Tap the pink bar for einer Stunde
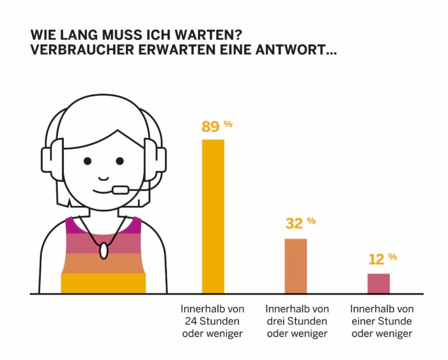(x=378, y=283)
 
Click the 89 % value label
(x=216, y=127)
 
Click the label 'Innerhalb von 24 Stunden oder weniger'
(x=213, y=321)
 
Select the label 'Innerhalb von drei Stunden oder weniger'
(x=297, y=321)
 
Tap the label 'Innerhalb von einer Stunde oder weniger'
(x=382, y=321)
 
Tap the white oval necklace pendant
(x=103, y=250)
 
